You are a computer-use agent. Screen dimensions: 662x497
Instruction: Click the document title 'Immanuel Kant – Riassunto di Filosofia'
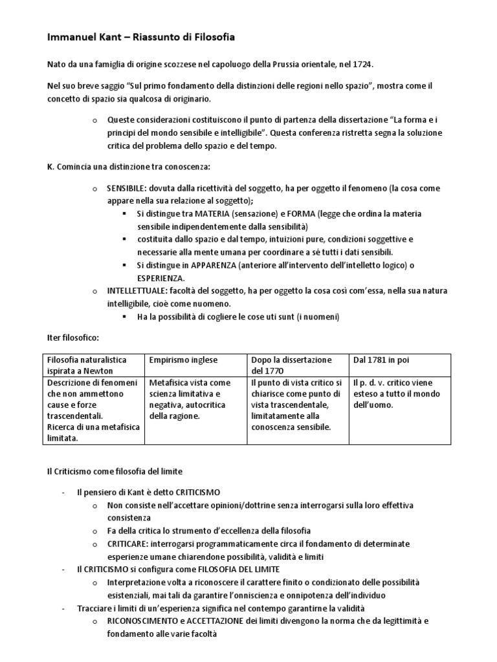[x=140, y=38]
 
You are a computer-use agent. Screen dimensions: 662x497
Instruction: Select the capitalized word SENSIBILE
[x=126, y=188]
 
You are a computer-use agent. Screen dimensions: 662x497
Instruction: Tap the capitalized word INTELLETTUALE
[x=136, y=291]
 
